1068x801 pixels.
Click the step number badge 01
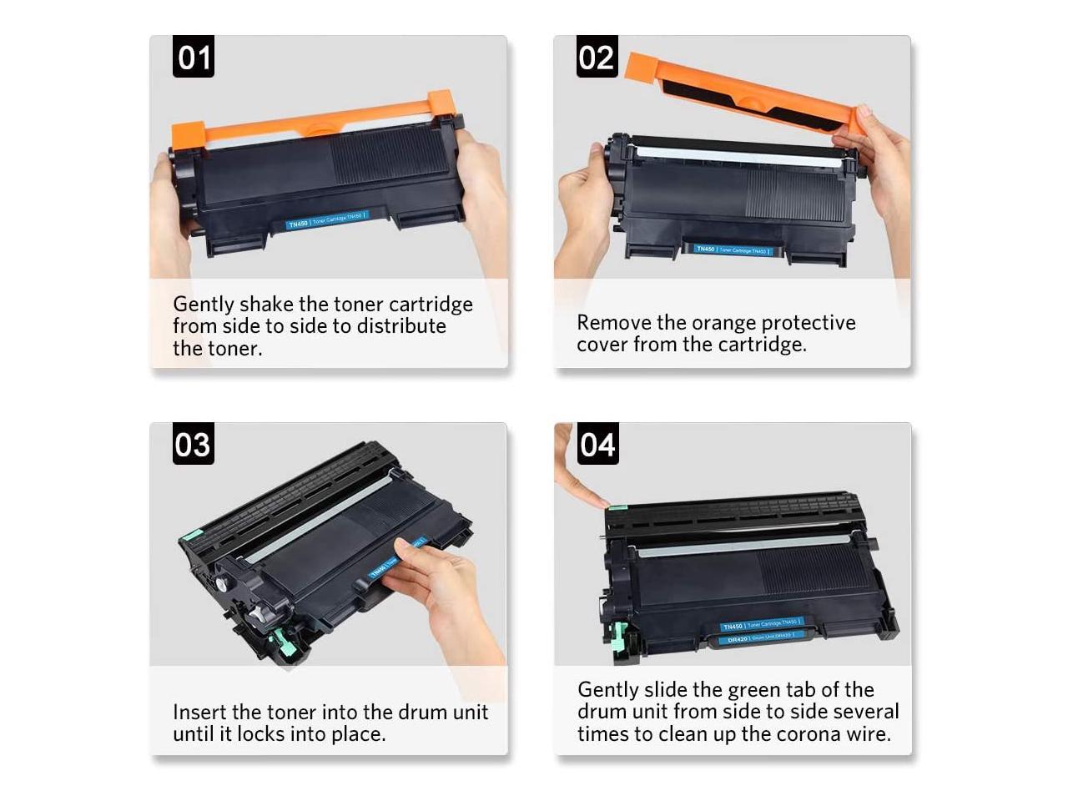[194, 57]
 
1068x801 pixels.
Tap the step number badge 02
[597, 57]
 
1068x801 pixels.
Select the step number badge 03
[194, 444]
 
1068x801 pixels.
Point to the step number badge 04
[597, 444]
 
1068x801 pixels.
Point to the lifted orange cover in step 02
[743, 92]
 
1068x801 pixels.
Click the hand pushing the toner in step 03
[442, 584]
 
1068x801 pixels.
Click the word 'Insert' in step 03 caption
[199, 712]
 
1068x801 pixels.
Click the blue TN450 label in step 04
[760, 624]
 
